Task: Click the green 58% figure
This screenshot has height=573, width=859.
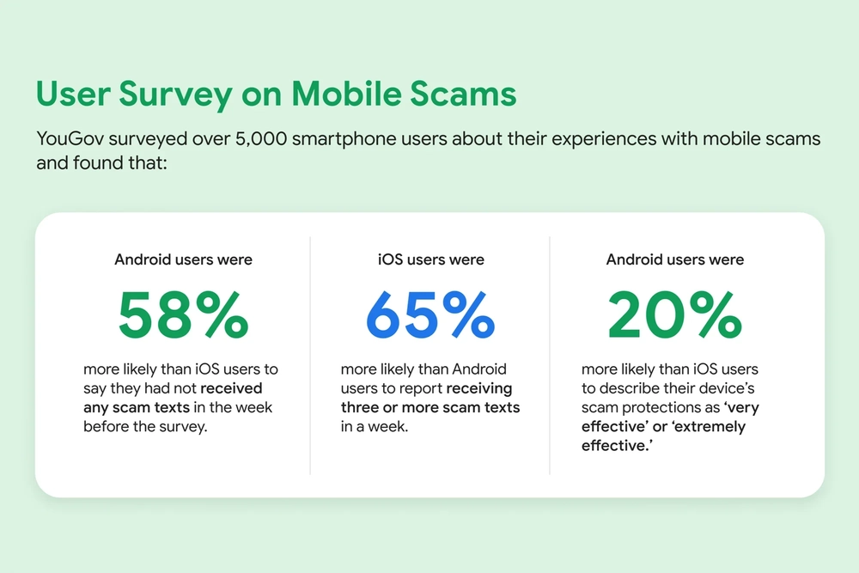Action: (184, 315)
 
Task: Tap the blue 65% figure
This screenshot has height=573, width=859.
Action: (430, 315)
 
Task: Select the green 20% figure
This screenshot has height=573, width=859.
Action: (675, 315)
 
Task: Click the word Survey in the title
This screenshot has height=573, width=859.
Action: (175, 94)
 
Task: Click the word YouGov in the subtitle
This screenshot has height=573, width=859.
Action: (70, 138)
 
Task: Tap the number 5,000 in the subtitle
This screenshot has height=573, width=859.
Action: (261, 139)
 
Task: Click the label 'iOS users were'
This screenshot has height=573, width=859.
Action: (431, 259)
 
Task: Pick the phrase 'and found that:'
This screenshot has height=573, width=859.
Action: (101, 162)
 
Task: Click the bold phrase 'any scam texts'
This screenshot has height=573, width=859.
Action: (137, 407)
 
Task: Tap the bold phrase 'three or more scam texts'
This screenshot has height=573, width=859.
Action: (430, 407)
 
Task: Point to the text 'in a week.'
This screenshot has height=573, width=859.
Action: (375, 426)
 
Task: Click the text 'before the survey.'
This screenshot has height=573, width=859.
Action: (145, 426)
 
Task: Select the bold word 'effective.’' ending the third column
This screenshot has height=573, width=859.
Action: (617, 445)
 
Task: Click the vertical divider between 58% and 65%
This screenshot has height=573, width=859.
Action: (310, 356)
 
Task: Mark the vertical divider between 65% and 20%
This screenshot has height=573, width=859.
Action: (550, 356)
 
